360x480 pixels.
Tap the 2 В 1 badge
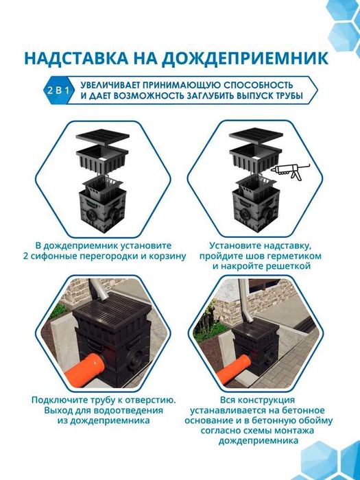tap(58, 90)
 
